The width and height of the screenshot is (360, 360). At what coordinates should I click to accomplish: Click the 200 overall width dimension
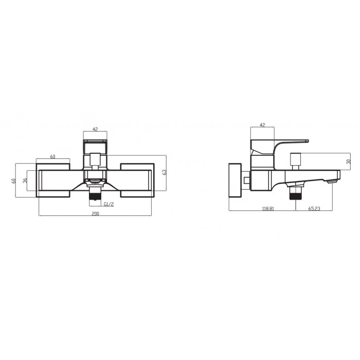pos(95,214)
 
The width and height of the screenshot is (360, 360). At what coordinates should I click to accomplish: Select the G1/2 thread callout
pos(109,204)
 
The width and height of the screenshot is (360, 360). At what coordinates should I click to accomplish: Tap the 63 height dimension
pos(165,172)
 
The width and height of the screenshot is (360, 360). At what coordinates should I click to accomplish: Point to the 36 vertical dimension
pos(25,180)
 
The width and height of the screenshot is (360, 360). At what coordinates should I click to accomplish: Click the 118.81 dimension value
pos(268,209)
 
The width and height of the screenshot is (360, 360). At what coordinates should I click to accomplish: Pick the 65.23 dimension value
pos(314,209)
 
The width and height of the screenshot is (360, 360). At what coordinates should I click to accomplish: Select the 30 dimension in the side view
pos(349,161)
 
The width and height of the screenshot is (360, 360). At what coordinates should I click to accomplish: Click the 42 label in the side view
pos(262,125)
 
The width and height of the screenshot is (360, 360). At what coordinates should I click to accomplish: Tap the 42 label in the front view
pos(95,129)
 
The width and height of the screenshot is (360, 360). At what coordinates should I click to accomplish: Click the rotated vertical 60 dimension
pos(14,181)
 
